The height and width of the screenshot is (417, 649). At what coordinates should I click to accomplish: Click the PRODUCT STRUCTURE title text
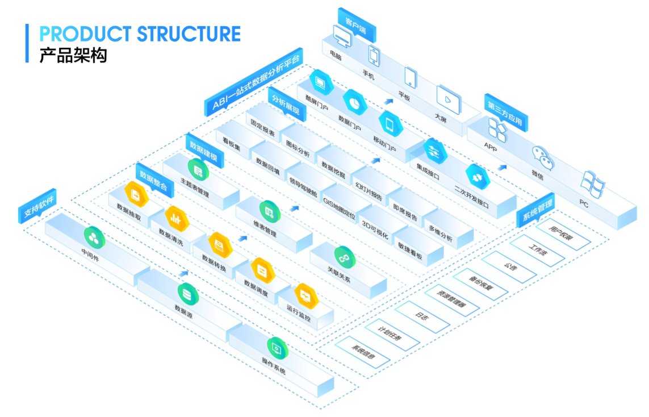pos(140,34)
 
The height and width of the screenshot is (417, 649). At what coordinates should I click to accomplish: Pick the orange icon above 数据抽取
pos(136,194)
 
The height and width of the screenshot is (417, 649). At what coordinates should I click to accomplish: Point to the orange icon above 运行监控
pos(305,295)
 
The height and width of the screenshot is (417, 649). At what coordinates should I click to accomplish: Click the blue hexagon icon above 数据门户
pos(355,102)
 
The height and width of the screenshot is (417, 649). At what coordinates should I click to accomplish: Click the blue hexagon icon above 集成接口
pos(436,150)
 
